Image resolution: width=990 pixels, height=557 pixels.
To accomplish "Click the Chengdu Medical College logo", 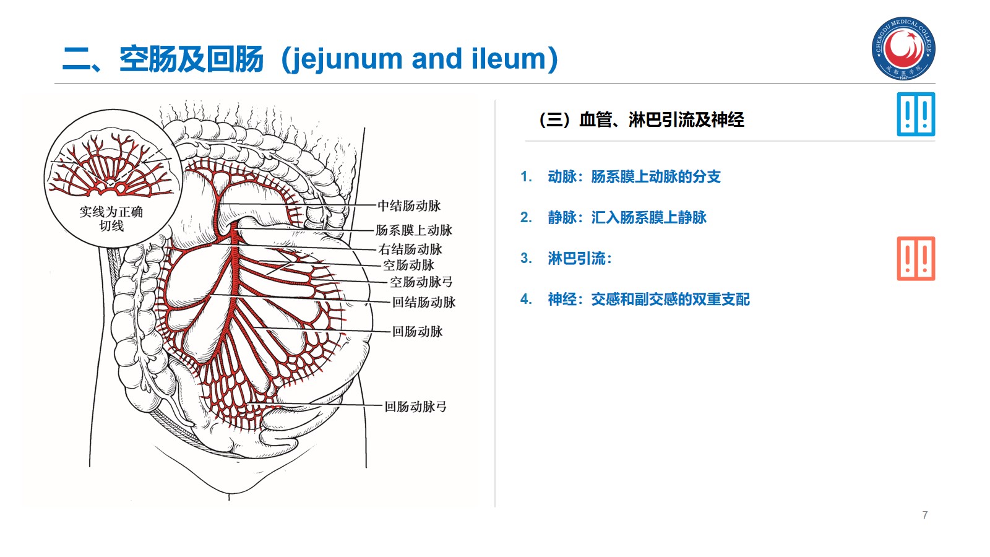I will pos(903,48).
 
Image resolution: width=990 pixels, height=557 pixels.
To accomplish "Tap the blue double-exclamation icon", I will pos(916,114).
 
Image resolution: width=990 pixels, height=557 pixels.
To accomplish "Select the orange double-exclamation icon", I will pos(916,259).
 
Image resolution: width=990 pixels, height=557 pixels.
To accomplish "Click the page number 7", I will pos(925,515).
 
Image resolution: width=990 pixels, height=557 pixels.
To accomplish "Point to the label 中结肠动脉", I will pos(409,205).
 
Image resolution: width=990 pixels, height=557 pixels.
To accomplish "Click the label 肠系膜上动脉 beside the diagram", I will pos(414,230).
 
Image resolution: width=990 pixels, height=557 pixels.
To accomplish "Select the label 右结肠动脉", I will pos(410,249).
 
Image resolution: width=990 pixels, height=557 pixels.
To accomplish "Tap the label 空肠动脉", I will pos(408,266).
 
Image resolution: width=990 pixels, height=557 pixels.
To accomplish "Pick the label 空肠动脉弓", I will pos(421,282).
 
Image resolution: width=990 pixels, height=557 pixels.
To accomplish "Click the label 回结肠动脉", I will pos(424,303).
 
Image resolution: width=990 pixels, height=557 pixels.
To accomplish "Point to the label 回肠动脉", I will pos(418,332).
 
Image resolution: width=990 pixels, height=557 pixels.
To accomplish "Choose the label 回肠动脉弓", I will pos(415,407).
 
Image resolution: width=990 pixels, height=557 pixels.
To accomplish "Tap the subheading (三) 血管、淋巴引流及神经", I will pos(642,119).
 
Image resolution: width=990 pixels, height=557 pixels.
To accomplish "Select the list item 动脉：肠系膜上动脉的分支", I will pos(634,177).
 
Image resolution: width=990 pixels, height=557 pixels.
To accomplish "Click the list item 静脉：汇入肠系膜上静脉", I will pos(627,218).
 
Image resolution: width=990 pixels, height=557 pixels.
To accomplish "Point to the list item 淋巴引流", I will pos(579,259).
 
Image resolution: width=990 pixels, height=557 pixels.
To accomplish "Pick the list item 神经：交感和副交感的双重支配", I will pos(648,300).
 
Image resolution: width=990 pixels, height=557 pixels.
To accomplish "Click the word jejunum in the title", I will pos(346,59).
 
